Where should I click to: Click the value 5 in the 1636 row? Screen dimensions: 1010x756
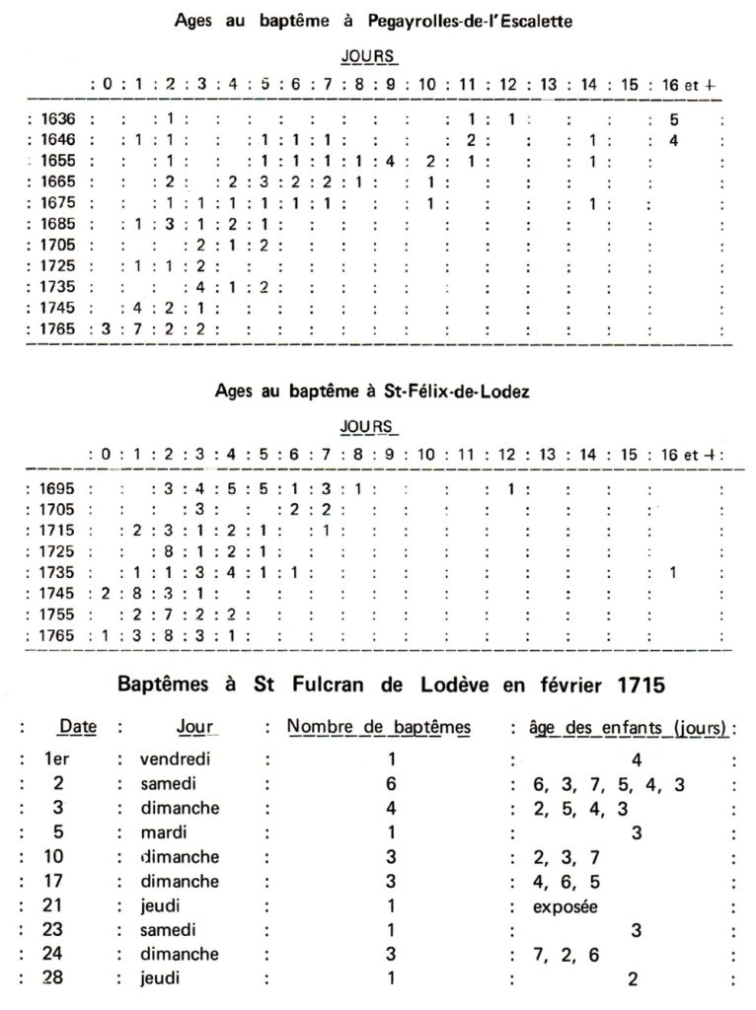672,119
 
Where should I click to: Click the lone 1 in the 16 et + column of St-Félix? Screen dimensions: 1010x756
672,571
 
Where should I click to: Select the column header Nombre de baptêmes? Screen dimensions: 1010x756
378,728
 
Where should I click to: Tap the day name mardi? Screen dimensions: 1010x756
162,831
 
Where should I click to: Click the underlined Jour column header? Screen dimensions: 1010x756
194,728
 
